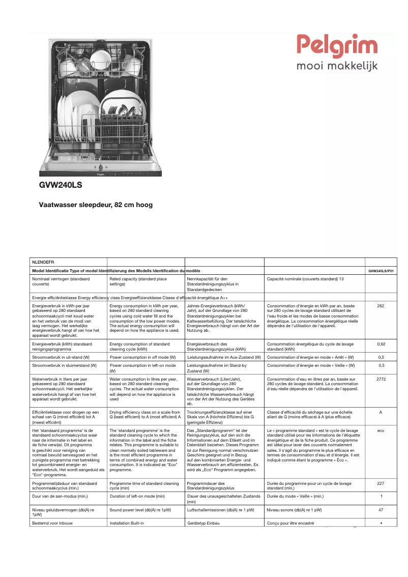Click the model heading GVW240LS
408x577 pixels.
(61, 186)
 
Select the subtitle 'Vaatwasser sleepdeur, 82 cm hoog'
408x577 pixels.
(96, 205)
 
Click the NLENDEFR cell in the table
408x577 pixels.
(44, 262)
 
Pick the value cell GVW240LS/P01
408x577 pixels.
(381, 271)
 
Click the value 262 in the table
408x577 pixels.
(381, 306)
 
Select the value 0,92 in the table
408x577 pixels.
(381, 344)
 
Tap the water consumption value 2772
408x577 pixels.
(381, 379)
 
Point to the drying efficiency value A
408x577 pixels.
(381, 412)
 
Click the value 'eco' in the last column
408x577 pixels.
(381, 430)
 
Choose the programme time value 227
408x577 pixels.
(381, 483)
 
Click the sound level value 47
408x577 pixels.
(381, 509)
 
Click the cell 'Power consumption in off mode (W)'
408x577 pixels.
(144, 357)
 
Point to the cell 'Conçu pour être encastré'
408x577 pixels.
(290, 523)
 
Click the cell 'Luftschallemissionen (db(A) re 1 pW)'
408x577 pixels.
(221, 510)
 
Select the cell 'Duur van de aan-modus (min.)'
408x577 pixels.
(59, 496)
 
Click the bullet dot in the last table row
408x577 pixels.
(381, 523)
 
